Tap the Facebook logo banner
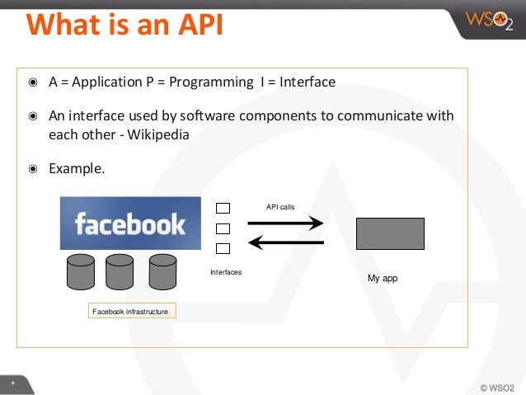click(130, 223)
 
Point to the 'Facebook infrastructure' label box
click(130, 312)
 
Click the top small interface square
click(223, 208)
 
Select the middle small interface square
click(223, 228)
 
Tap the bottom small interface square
click(223, 248)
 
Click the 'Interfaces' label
click(226, 272)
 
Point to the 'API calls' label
click(280, 207)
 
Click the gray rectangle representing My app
click(390, 233)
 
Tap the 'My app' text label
click(383, 279)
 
